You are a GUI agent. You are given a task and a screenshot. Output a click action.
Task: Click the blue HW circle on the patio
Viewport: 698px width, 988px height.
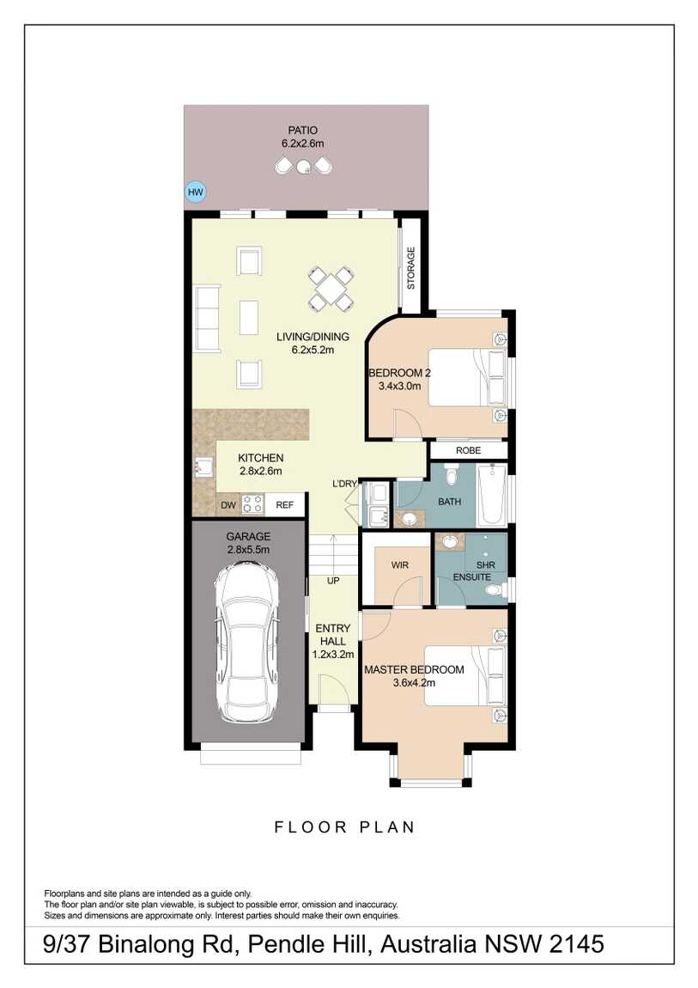coord(196,192)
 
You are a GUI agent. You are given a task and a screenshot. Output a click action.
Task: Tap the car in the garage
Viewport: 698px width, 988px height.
coord(248,641)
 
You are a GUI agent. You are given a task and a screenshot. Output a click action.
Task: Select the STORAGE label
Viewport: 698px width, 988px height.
coord(410,267)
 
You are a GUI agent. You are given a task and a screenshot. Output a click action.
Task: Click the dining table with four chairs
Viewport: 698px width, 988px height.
coord(331,289)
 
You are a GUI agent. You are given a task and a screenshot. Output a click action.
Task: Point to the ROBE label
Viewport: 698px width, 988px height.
coord(468,450)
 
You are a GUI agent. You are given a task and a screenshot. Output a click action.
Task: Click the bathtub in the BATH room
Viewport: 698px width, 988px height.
coord(493,495)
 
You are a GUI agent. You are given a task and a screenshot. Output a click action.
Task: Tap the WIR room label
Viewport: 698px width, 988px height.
coord(399,564)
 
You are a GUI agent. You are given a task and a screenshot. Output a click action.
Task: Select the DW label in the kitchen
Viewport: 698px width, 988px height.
coord(228,506)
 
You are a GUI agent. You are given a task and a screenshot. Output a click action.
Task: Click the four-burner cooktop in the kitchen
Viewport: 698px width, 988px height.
coord(252,504)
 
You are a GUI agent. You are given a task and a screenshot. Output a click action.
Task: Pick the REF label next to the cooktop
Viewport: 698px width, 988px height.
coord(285,506)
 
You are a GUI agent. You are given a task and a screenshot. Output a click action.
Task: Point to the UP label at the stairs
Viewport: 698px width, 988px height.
coord(333,582)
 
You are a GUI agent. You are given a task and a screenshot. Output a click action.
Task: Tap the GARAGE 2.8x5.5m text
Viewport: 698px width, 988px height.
coord(247,543)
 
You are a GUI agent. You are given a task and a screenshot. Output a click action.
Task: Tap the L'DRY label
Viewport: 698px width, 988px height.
coord(344,485)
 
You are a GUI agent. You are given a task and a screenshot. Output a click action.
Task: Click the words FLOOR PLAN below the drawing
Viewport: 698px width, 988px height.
coord(345,827)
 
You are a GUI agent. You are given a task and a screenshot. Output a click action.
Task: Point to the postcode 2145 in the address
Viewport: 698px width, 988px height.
coord(574,945)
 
